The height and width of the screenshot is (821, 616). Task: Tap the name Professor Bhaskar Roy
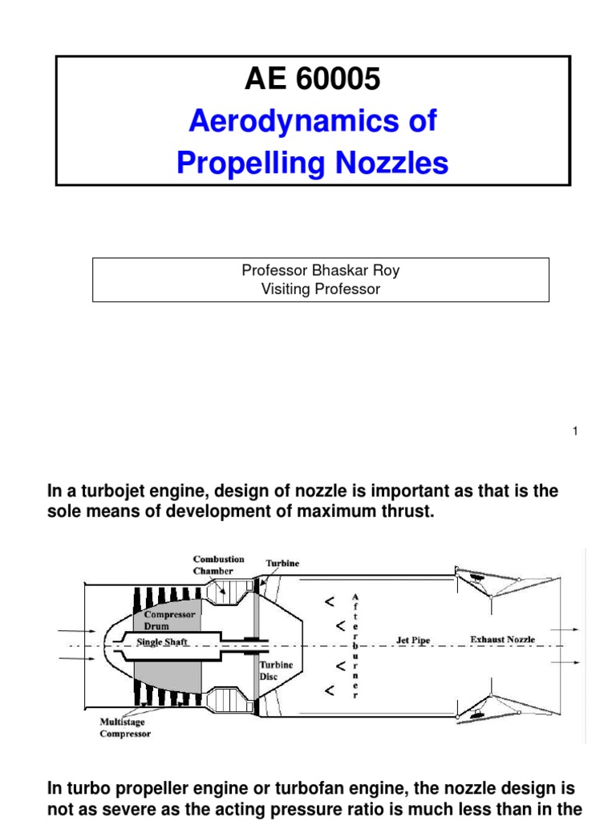pos(320,270)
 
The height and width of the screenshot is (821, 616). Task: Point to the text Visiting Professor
pos(320,289)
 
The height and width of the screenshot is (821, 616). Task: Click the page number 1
pos(574,432)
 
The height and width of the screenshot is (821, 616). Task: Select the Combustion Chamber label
pos(219,565)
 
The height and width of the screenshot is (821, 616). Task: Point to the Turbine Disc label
pos(274,670)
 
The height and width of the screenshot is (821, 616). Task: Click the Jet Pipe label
pos(413,640)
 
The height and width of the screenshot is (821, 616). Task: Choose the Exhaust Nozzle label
pos(502,640)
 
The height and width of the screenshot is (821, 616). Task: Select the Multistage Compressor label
pos(124,728)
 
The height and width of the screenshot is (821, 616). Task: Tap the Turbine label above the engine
pos(282,564)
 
